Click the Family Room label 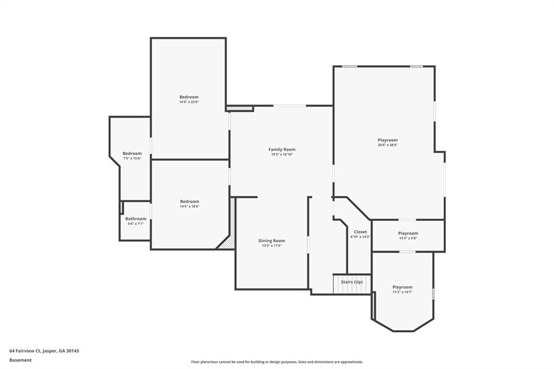coord(281,149)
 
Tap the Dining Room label coord(272,241)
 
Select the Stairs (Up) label coord(352,282)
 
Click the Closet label coord(360,232)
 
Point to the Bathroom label coord(136,219)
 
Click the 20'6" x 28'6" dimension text coord(387,145)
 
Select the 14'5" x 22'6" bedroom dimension coord(189,102)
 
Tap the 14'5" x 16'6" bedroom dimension coord(190,207)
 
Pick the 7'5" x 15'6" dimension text coord(132,159)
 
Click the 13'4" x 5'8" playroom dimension coord(408,238)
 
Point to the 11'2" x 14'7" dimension coord(403,292)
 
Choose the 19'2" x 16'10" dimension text coord(282,154)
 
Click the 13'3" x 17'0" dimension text coord(272,246)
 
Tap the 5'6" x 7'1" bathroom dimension coord(136,224)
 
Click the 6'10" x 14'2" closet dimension coord(360,237)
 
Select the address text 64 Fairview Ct coord(25,351)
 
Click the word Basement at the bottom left coord(21,360)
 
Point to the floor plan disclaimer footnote coord(277,362)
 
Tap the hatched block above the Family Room coord(240,108)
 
